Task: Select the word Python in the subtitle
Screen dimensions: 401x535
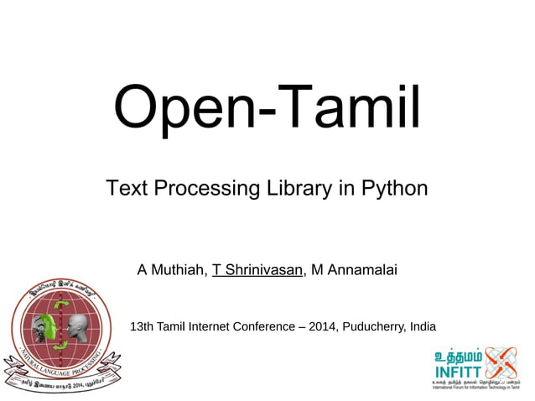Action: (394, 188)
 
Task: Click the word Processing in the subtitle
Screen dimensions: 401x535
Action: (202, 188)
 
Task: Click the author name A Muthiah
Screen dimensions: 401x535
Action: (171, 270)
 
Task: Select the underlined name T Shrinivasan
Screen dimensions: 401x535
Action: (257, 270)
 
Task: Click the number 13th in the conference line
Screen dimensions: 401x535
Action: (142, 326)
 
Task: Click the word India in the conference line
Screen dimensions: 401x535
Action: (422, 326)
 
